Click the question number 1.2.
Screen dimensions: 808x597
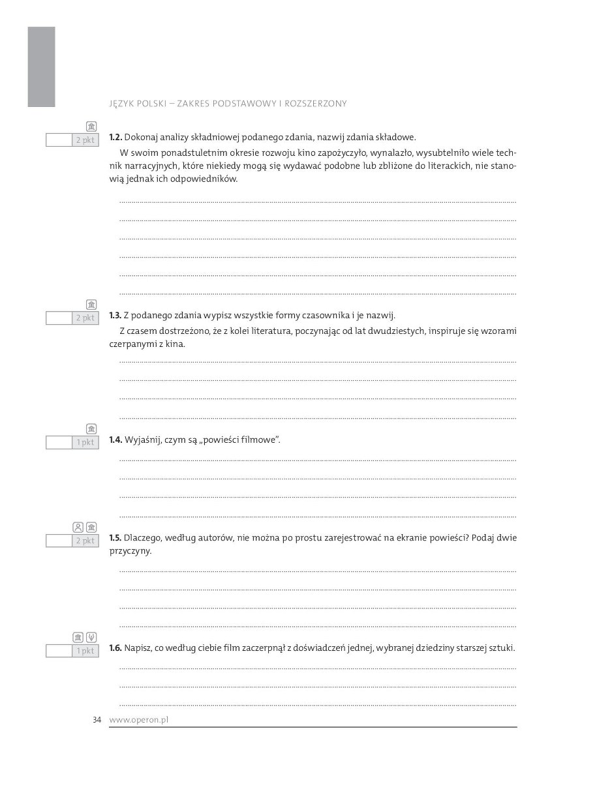pyautogui.click(x=115, y=138)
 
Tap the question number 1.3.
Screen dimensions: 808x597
pyautogui.click(x=115, y=316)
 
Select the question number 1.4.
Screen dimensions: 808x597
pyautogui.click(x=115, y=440)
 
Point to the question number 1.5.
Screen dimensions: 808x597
pyautogui.click(x=115, y=538)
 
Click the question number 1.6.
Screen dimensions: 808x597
pyautogui.click(x=115, y=648)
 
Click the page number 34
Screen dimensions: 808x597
pyautogui.click(x=97, y=720)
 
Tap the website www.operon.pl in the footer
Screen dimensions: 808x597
pyautogui.click(x=139, y=720)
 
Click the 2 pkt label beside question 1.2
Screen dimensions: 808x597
pyautogui.click(x=85, y=140)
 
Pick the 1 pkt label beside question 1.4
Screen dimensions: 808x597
pyautogui.click(x=85, y=443)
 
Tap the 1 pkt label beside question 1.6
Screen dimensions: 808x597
pyautogui.click(x=85, y=651)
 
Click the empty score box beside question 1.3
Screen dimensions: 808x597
pyautogui.click(x=59, y=318)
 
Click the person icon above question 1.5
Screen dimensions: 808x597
pyautogui.click(x=78, y=527)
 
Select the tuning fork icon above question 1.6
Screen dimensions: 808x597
pyautogui.click(x=91, y=637)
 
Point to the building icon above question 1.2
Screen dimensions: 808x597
pyautogui.click(x=91, y=127)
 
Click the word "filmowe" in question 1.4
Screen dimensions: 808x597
pyautogui.click(x=262, y=440)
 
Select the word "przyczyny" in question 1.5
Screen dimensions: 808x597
pyautogui.click(x=130, y=551)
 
